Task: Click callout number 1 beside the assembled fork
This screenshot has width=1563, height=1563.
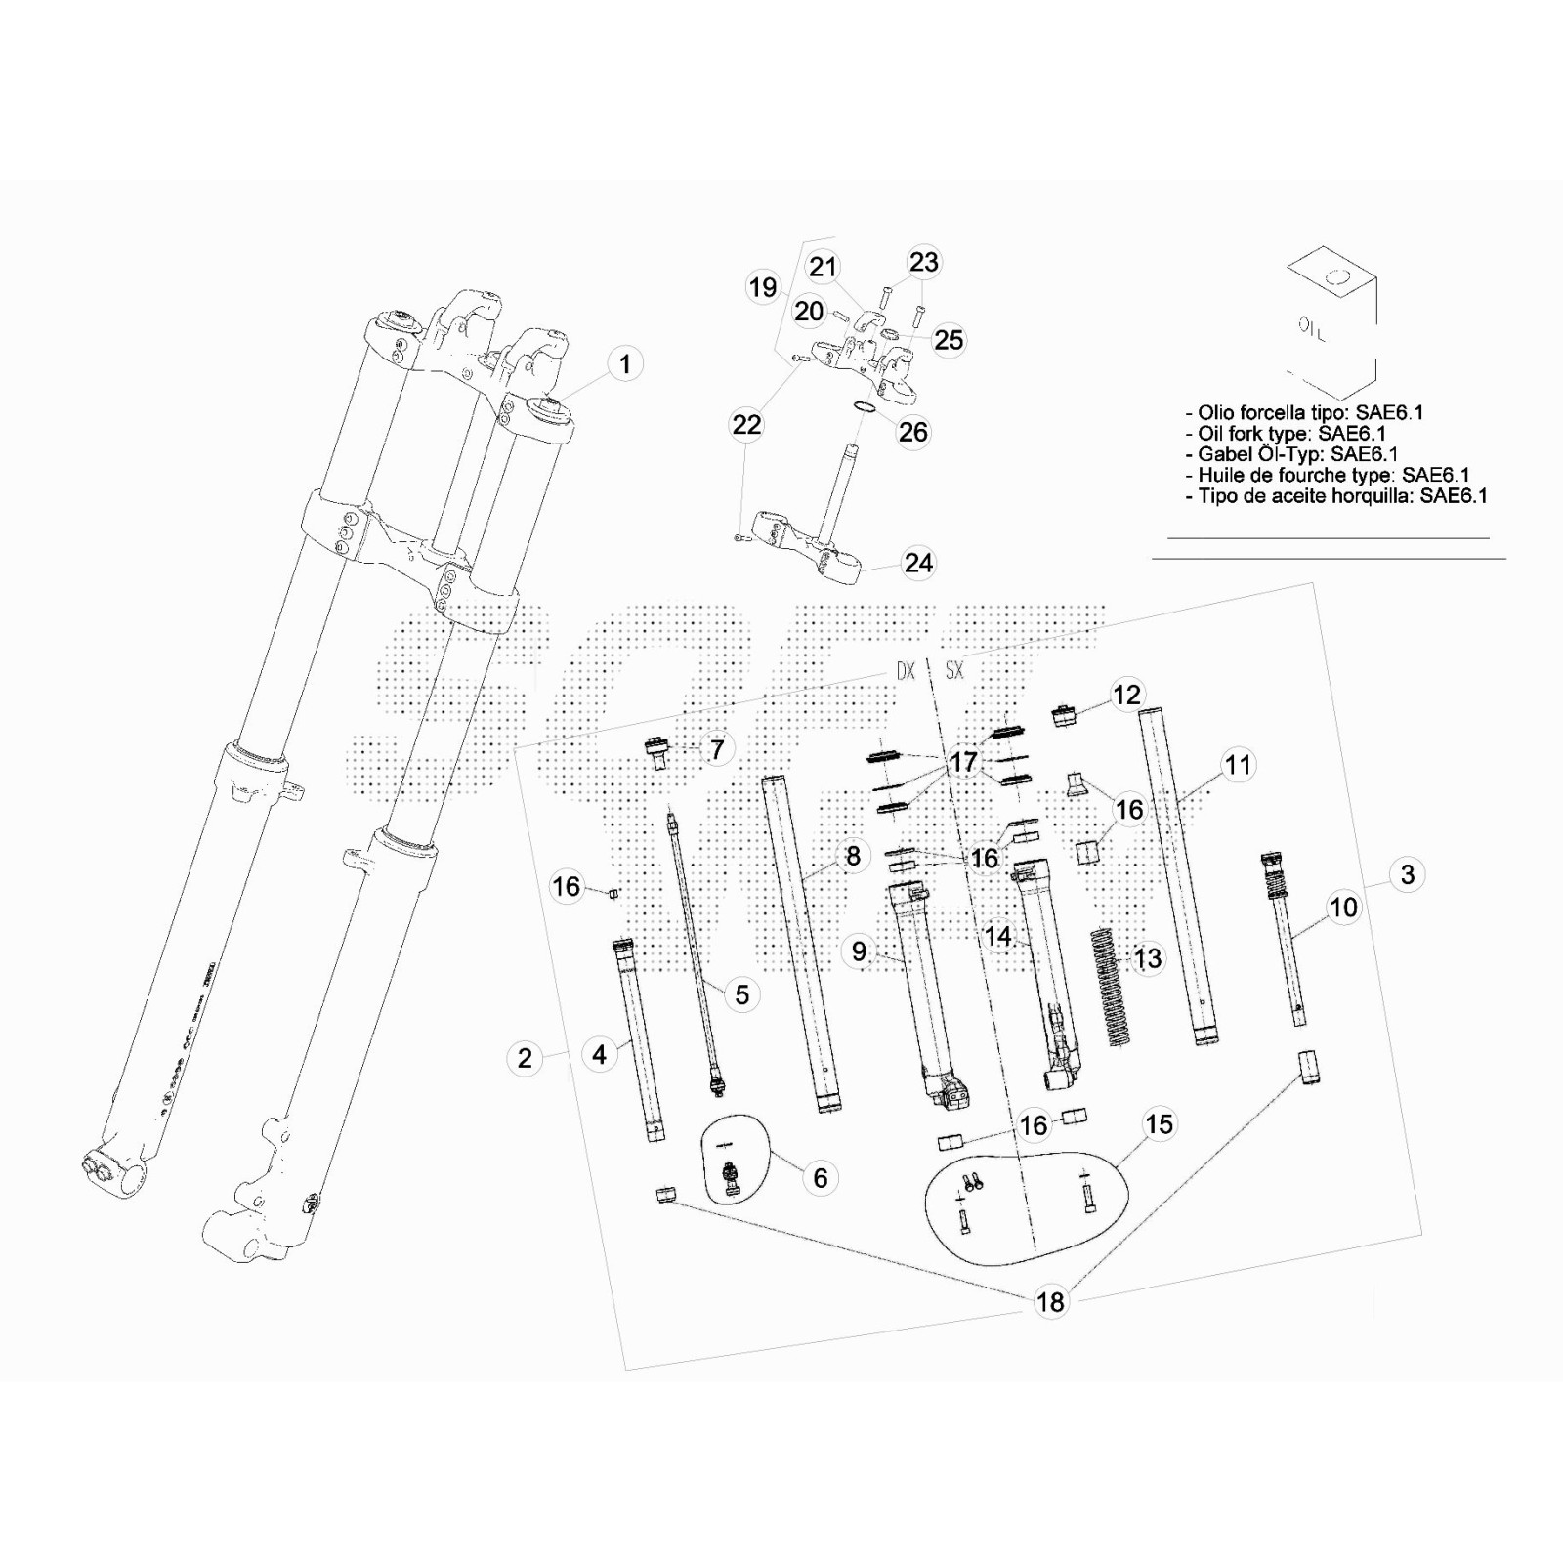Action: click(625, 364)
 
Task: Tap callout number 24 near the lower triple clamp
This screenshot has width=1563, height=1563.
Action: click(918, 563)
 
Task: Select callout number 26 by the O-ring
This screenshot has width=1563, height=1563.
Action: click(913, 432)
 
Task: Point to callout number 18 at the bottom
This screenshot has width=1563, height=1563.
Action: click(1050, 1301)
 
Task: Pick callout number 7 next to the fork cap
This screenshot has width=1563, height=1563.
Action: click(718, 749)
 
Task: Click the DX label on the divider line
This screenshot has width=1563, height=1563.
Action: click(906, 672)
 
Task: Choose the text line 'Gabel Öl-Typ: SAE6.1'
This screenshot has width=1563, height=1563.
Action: click(1291, 454)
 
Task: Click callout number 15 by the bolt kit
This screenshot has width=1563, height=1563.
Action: click(1159, 1124)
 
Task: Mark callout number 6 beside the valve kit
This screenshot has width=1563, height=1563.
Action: click(821, 1178)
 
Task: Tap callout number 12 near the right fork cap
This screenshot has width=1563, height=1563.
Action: click(1126, 695)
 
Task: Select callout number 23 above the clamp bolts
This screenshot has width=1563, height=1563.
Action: click(923, 262)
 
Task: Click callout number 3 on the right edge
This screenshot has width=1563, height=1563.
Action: click(1407, 874)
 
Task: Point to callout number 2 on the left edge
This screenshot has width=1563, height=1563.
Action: click(525, 1058)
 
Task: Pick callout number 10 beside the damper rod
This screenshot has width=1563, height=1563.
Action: click(1343, 908)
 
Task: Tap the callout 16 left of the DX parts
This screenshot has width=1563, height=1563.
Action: click(567, 887)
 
